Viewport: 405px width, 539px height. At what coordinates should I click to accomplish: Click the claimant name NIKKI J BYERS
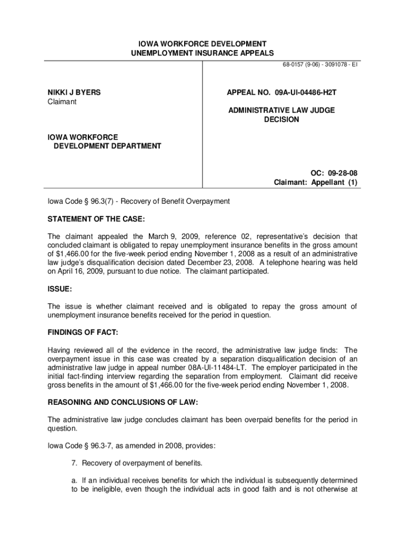click(x=74, y=93)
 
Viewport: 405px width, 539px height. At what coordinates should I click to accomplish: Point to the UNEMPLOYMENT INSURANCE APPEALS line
click(x=202, y=53)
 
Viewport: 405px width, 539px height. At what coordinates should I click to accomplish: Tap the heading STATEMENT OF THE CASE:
click(x=96, y=219)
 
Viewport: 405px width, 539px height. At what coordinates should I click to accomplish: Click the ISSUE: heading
click(x=59, y=290)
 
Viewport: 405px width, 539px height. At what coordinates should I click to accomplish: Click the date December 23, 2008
click(x=227, y=262)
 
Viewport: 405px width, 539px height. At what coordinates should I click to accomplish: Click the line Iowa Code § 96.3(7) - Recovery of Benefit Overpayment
click(x=139, y=202)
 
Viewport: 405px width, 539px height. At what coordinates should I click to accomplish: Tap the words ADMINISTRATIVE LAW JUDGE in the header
click(x=281, y=110)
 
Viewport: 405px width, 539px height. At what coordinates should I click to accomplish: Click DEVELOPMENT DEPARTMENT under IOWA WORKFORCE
click(x=107, y=146)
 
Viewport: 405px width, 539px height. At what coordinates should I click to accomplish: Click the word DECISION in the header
click(x=281, y=119)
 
